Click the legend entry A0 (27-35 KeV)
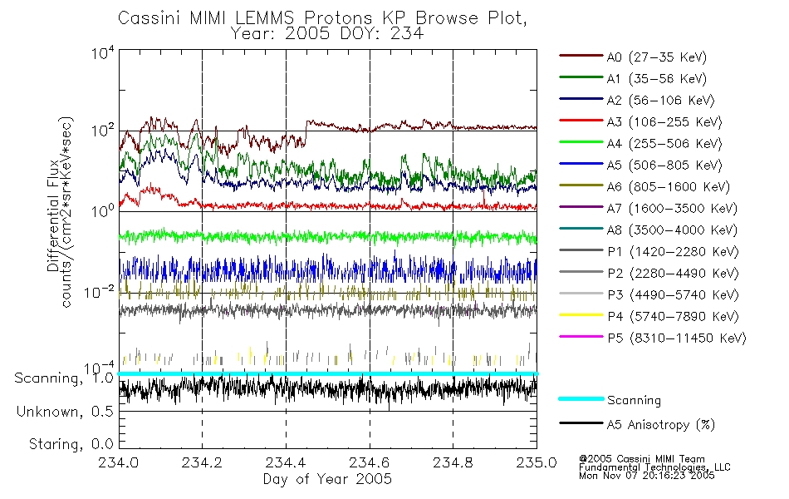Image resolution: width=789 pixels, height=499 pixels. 657,57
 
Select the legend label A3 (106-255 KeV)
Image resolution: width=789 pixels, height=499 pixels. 664,122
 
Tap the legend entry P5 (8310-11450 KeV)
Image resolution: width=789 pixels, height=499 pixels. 677,338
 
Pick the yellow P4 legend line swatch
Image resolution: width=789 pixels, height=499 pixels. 581,315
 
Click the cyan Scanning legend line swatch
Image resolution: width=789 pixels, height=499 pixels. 581,398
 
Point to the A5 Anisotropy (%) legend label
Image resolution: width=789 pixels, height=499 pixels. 661,425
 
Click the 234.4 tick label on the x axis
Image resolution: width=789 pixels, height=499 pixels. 286,462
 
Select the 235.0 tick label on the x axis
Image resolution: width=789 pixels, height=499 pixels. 537,462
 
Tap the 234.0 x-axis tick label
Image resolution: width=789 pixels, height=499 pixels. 118,462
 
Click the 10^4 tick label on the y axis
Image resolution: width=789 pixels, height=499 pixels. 103,52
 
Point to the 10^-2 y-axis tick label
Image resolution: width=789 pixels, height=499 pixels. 100,292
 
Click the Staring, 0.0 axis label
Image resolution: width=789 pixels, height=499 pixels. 71,444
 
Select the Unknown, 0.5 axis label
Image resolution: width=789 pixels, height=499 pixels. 65,412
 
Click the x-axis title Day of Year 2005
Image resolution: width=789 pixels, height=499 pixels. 327,479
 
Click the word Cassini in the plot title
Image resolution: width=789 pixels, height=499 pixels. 150,18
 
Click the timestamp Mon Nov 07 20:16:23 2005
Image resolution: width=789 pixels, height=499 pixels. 647,476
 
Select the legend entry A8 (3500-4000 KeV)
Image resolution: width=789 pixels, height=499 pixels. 672,230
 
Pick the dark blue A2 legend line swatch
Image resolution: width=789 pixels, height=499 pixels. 581,99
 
